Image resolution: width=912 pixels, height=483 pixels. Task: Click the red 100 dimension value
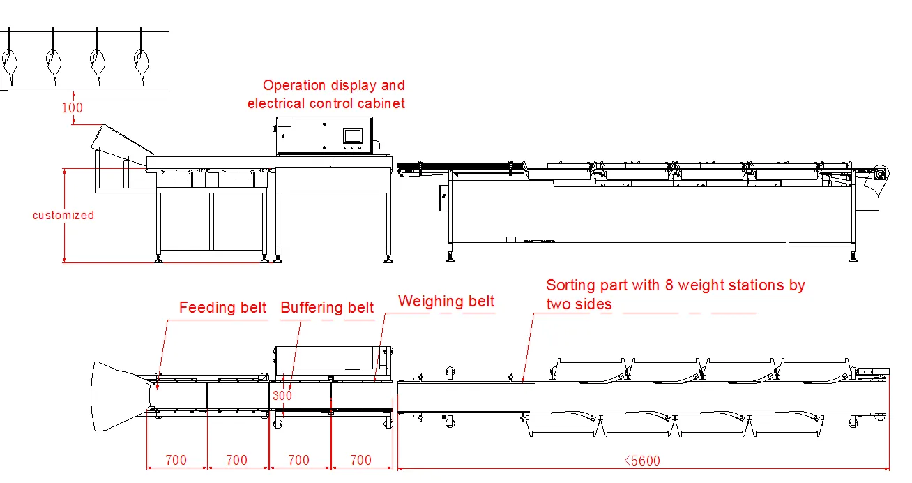[72, 107]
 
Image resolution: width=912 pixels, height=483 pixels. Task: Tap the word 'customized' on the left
[63, 215]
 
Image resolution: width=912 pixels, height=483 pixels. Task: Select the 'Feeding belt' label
[222, 308]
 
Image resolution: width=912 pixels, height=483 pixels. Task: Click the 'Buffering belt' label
[327, 308]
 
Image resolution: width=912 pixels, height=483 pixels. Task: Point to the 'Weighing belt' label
[446, 302]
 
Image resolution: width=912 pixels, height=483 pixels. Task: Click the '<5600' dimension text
[641, 461]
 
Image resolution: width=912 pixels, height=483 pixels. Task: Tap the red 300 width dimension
[282, 396]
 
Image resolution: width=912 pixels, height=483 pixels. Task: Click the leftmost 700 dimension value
[176, 461]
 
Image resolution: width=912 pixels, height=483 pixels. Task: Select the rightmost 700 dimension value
[360, 461]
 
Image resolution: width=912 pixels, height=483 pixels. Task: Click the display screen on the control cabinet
[354, 135]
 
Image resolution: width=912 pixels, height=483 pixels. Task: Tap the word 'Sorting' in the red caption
[570, 285]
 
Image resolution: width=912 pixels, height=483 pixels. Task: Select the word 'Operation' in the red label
[294, 86]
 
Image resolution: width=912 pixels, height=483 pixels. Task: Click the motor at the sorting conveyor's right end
[880, 174]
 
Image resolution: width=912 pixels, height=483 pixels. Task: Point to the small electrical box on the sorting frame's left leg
[443, 198]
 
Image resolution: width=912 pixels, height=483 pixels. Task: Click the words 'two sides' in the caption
[579, 304]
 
